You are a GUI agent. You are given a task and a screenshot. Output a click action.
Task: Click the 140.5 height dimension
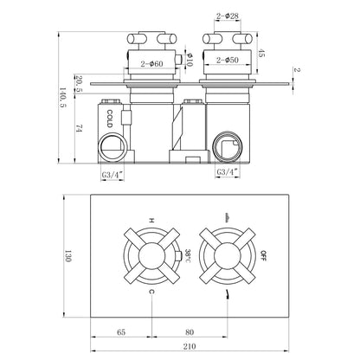pos(63,98)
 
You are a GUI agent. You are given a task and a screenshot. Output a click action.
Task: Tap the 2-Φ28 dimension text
pos(228,16)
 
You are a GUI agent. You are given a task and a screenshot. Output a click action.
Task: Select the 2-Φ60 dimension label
pos(151,64)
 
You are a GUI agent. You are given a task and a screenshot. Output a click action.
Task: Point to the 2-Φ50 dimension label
pos(228,60)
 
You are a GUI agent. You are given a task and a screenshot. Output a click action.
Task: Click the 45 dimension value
pos(260,53)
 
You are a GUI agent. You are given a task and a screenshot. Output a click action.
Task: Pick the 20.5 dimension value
pos(79,84)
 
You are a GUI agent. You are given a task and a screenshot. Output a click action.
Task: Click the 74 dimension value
pos(79,128)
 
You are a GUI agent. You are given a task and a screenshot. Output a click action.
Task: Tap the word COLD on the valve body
pos(109,119)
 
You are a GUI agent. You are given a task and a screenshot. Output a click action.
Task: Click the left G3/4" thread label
pos(112,175)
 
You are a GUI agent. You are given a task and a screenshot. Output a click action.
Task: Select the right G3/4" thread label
pos(228,172)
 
